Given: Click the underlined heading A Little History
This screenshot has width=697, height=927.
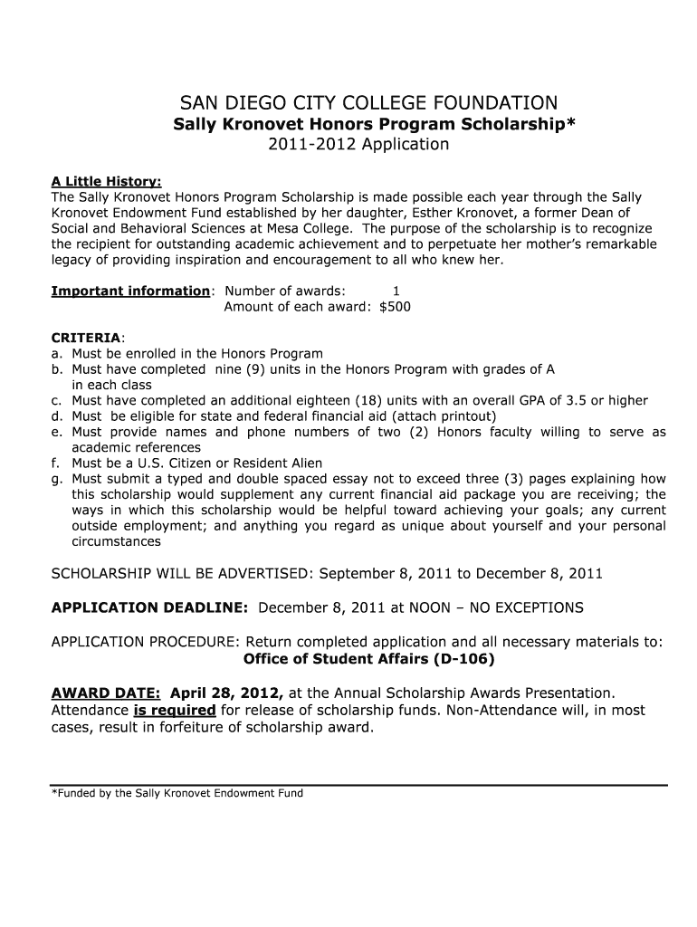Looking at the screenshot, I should click(106, 181).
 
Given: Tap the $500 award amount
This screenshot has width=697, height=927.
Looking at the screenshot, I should click(395, 307).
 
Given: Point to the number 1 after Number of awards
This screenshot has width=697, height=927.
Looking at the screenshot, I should click(396, 291).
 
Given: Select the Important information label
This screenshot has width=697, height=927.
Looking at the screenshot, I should click(130, 291).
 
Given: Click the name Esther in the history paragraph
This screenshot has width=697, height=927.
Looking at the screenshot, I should click(463, 213).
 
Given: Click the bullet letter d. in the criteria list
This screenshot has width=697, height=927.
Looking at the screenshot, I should click(56, 416).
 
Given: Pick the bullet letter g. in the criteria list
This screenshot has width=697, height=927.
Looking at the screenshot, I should click(56, 479).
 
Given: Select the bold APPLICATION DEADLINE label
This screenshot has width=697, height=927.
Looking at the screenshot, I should click(149, 607).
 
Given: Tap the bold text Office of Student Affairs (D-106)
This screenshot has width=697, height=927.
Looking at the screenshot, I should click(369, 658).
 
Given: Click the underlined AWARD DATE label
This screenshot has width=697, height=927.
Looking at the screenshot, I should click(106, 693).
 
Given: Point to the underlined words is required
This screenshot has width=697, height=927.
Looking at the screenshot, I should click(175, 711).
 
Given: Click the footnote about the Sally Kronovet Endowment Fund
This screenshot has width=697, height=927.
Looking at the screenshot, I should click(177, 793).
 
